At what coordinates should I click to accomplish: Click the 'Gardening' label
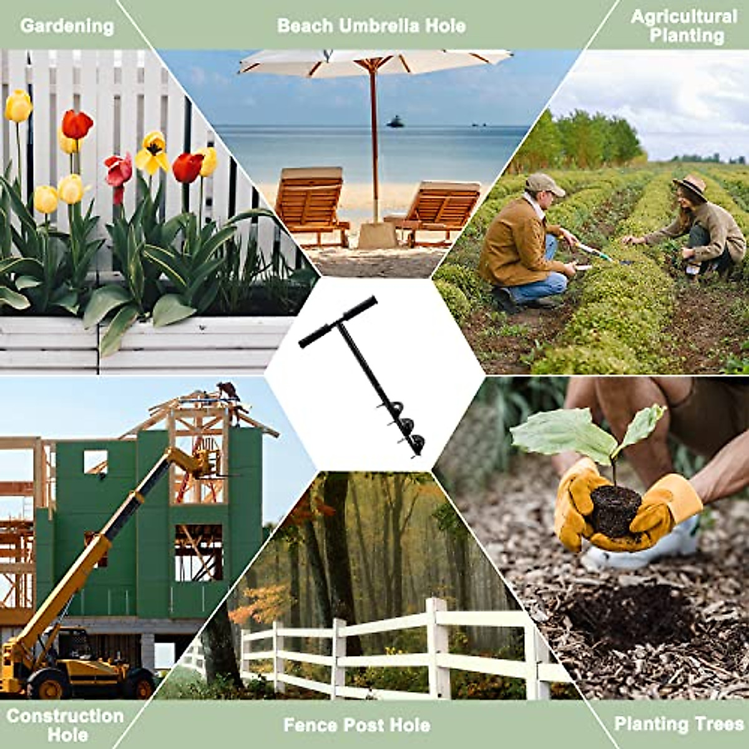tap(67, 26)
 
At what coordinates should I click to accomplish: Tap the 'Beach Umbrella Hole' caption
tap(371, 26)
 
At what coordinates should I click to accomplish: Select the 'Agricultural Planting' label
tap(684, 26)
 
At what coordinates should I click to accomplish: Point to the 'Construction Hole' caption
tap(65, 724)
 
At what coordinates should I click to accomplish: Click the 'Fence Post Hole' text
tap(356, 725)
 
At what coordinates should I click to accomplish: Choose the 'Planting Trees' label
tap(678, 723)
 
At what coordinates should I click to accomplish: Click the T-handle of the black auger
tap(338, 322)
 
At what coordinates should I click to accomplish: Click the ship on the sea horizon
tap(394, 122)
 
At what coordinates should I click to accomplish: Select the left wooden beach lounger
tap(310, 202)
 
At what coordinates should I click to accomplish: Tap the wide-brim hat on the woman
tap(690, 186)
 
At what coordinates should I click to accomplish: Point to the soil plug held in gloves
tap(615, 509)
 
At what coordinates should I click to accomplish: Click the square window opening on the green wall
tap(95, 463)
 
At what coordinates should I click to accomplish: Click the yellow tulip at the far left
tap(18, 105)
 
